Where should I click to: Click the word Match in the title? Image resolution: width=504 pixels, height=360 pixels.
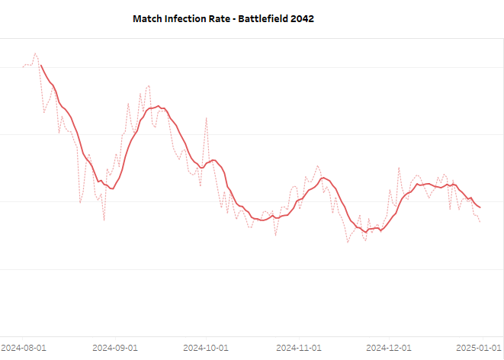tap(149, 18)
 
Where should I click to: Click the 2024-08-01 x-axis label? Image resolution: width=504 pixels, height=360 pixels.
tap(24, 347)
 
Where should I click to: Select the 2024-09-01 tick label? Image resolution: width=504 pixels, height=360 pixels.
tap(114, 347)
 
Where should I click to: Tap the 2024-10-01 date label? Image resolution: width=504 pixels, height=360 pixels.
tap(206, 347)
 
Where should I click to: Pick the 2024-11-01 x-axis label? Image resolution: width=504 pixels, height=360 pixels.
tap(298, 347)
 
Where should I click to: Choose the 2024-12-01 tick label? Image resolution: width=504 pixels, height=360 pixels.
tap(389, 347)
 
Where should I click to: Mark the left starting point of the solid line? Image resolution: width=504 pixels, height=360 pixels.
tap(41, 66)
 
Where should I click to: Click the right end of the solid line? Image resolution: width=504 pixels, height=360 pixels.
tap(480, 207)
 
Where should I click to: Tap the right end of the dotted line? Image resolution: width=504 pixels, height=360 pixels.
tap(480, 222)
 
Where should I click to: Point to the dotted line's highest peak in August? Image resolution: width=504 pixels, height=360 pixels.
tap(35, 53)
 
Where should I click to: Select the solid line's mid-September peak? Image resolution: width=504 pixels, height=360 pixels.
tap(158, 106)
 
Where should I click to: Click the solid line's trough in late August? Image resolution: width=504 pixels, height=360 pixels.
tap(112, 188)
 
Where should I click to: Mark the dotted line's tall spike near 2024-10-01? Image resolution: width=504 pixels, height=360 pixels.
tap(206, 117)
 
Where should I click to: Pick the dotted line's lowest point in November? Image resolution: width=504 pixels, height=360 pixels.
tap(348, 243)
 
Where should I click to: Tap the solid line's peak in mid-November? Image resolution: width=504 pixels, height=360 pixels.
tap(324, 178)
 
